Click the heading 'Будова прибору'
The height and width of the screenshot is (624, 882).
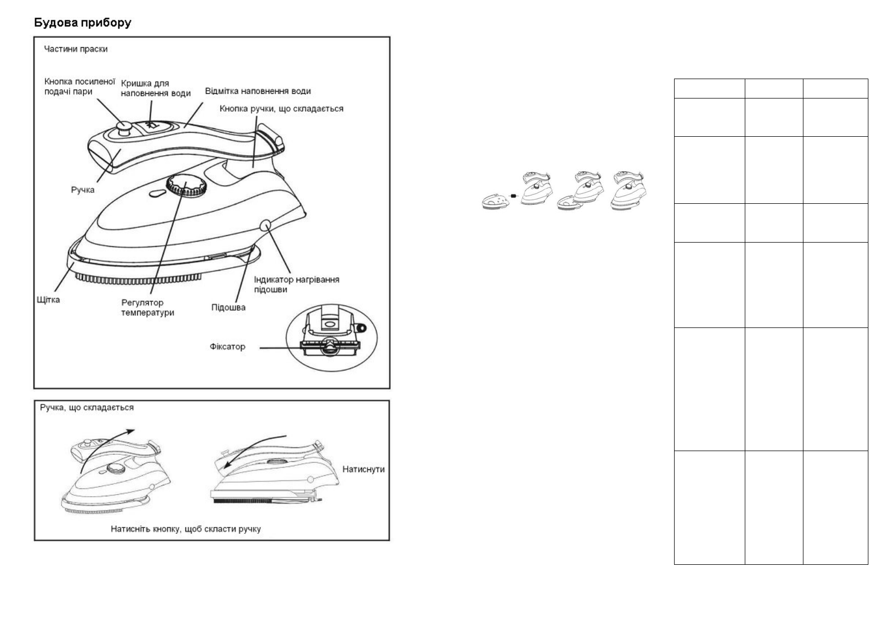tap(82, 23)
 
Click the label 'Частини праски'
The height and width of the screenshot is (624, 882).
tap(76, 49)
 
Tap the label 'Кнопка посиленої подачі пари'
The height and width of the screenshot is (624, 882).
tap(80, 87)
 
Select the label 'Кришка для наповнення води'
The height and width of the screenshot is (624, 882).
tap(156, 89)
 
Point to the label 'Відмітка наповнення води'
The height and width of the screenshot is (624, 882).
tap(258, 91)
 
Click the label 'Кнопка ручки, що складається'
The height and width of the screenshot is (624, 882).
tap(281, 108)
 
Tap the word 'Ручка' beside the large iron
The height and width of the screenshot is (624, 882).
tap(83, 190)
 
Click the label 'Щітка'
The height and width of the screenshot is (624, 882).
tap(48, 300)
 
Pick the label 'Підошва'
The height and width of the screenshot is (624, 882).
tap(228, 307)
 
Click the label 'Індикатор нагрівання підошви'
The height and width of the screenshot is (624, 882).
tap(296, 284)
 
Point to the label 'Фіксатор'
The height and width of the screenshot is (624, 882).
tap(227, 346)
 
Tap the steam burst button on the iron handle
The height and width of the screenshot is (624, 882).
tap(124, 127)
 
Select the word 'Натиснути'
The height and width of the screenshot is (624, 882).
tap(363, 469)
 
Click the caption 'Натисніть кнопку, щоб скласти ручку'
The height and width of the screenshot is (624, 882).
tap(185, 529)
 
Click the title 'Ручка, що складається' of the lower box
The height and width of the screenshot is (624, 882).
tap(87, 407)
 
